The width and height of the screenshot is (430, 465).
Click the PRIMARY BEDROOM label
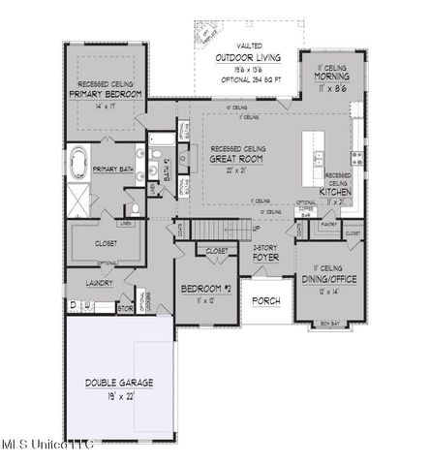pyautogui.click(x=107, y=94)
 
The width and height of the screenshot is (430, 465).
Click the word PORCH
pyautogui.click(x=265, y=301)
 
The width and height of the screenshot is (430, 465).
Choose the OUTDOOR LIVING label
pyautogui.click(x=244, y=58)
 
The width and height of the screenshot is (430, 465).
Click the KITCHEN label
pyautogui.click(x=335, y=192)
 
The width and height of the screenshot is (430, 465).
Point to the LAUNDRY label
pyautogui.click(x=99, y=284)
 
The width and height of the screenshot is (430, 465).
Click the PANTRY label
pyautogui.click(x=328, y=224)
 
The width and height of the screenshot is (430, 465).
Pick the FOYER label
pyautogui.click(x=266, y=259)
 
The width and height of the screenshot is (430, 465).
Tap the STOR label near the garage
pyautogui.click(x=124, y=309)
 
